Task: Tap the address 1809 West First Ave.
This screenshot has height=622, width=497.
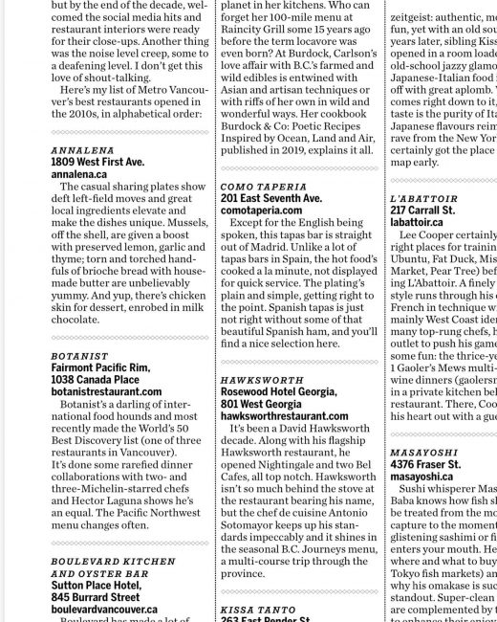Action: [97, 163]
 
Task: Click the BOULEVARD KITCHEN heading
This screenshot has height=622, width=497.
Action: [113, 562]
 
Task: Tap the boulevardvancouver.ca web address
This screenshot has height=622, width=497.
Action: [104, 608]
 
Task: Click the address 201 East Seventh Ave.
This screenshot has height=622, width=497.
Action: [270, 197]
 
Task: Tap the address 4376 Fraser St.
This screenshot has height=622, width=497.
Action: [425, 464]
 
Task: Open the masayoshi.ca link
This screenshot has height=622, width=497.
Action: [421, 476]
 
